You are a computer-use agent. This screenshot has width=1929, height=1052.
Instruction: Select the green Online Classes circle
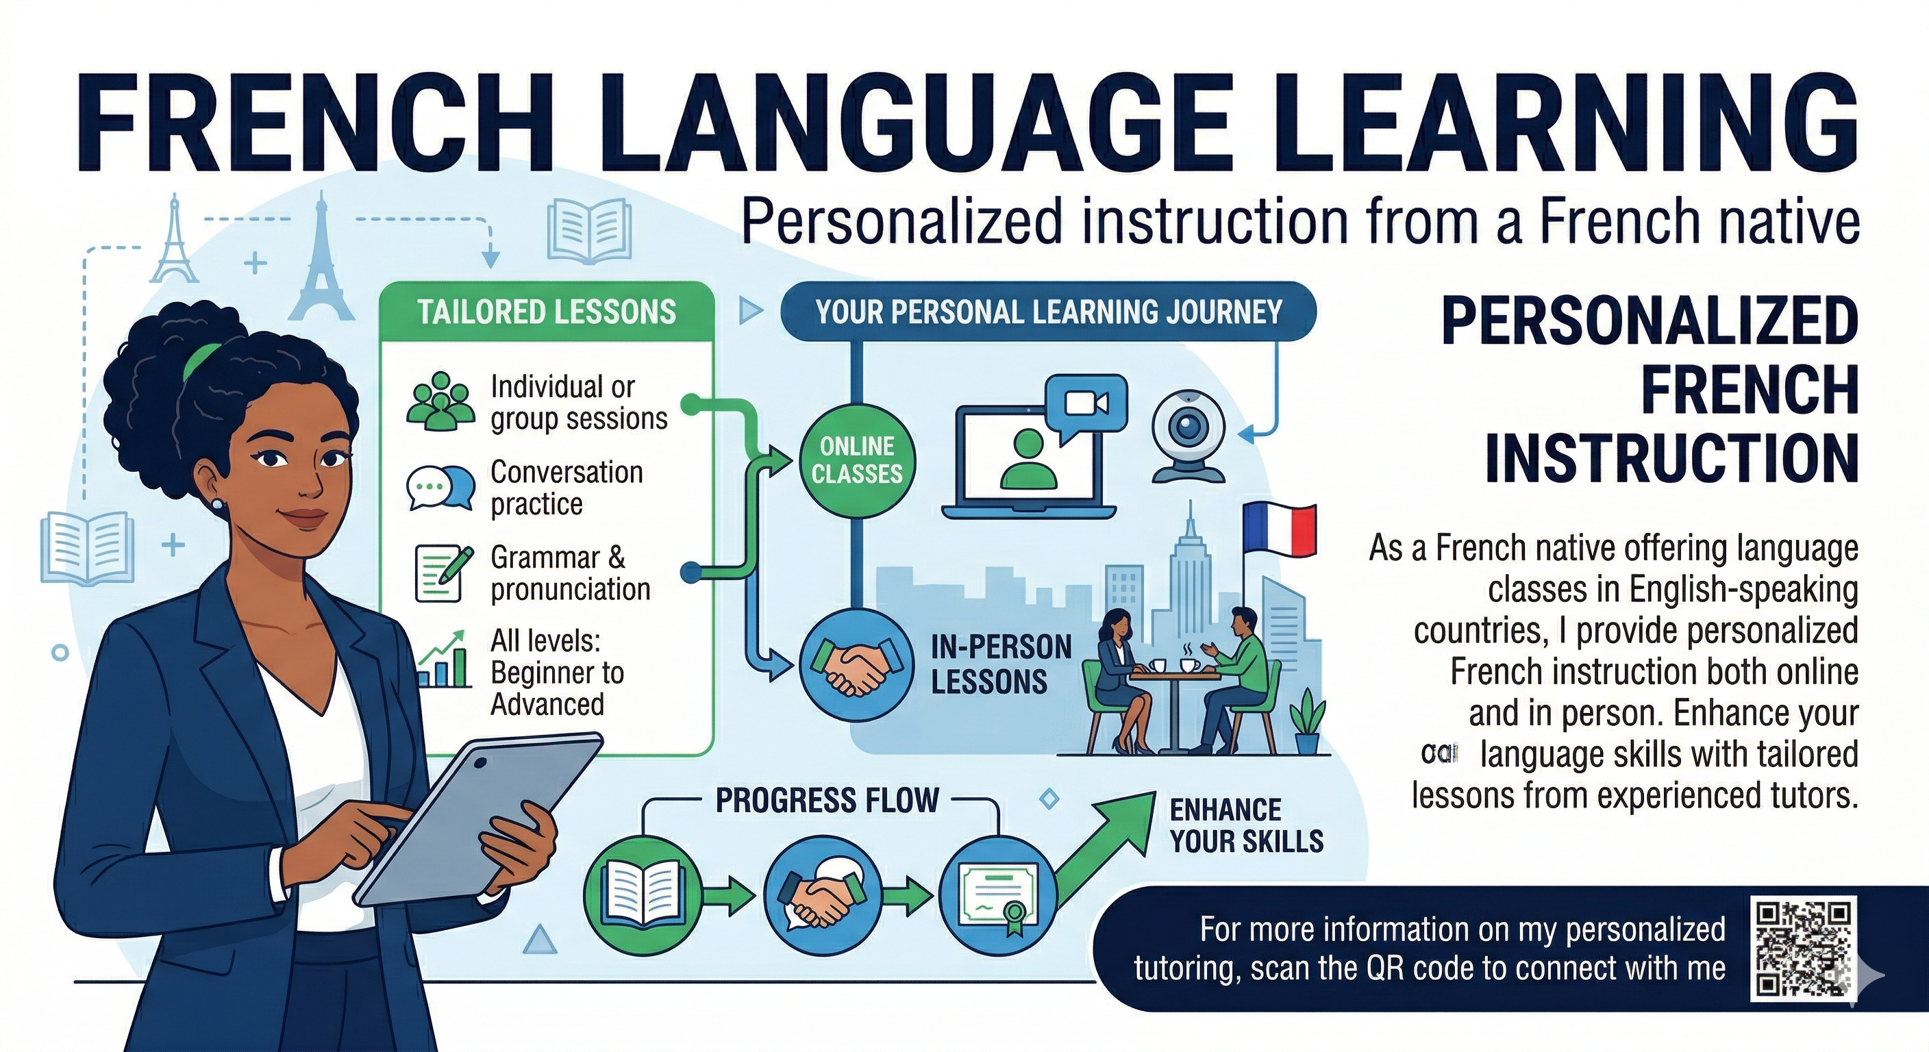857,460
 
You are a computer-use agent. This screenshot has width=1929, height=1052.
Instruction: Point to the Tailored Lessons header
547,312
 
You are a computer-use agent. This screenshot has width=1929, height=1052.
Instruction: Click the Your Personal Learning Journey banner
1048,312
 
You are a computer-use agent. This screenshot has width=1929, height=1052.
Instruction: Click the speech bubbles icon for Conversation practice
440,488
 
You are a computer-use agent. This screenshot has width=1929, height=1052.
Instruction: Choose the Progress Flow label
827,801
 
